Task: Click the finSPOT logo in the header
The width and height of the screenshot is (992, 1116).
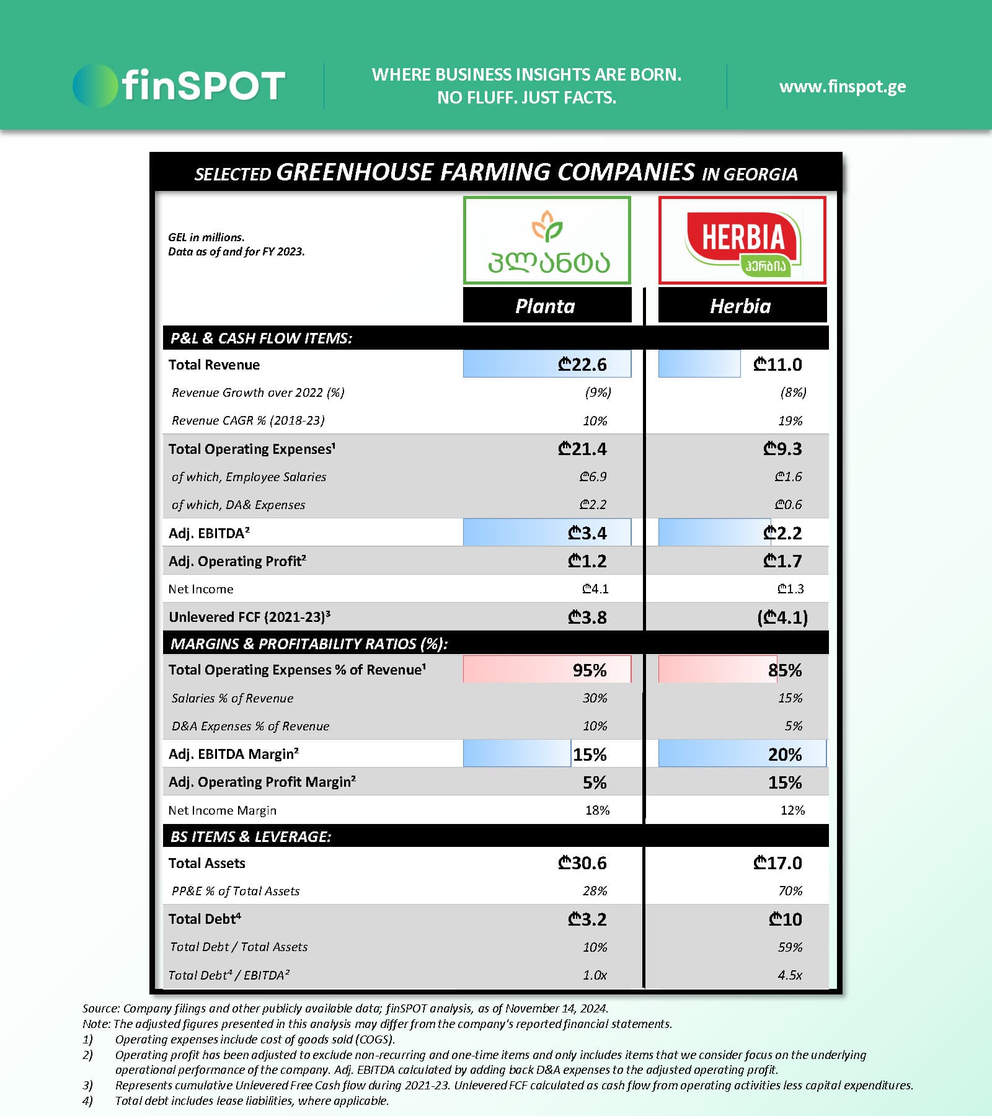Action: [179, 86]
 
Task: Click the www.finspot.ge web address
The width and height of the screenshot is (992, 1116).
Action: [842, 86]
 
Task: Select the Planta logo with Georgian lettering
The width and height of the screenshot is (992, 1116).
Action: [547, 241]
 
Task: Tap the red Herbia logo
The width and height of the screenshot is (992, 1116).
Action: [742, 241]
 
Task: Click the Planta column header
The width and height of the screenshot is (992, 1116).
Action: [546, 306]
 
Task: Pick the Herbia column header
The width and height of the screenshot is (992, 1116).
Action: [741, 306]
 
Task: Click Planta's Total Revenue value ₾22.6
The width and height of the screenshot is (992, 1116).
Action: [582, 365]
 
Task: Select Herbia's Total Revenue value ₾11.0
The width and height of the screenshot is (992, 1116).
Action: [777, 365]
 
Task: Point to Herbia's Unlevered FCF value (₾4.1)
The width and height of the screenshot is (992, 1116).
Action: [782, 618]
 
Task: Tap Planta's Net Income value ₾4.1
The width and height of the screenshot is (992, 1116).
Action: [595, 589]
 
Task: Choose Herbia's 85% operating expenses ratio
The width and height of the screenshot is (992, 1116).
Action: [785, 670]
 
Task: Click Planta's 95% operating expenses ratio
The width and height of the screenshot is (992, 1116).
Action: [590, 670]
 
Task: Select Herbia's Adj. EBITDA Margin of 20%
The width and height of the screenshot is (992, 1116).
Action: [785, 755]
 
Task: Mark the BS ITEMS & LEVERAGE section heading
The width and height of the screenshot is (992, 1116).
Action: [250, 836]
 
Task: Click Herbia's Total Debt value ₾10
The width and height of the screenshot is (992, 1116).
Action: [785, 919]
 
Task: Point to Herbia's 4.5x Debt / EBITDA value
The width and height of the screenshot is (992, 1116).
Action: [790, 975]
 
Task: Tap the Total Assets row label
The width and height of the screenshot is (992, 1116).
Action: [206, 863]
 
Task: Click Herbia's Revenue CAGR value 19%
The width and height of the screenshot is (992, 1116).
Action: [790, 421]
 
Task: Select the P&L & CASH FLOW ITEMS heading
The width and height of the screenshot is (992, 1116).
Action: [261, 338]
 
